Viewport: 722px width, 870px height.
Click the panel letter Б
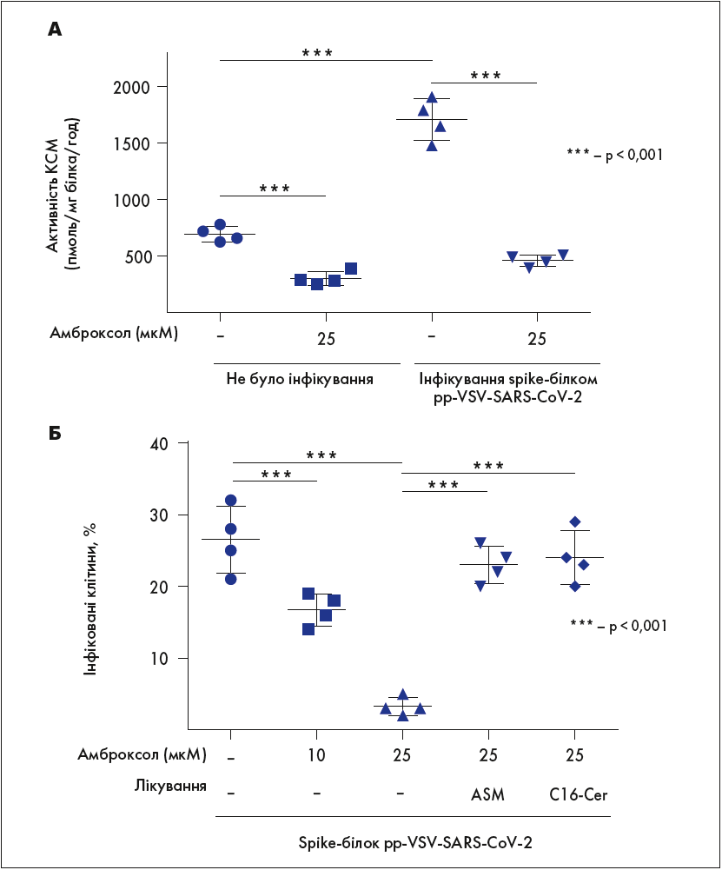(x=55, y=432)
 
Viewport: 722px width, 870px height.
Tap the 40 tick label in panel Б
(x=163, y=443)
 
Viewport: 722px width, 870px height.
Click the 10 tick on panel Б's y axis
(x=163, y=658)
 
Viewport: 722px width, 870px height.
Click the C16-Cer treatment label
(x=573, y=794)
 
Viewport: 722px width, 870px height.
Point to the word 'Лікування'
(x=170, y=787)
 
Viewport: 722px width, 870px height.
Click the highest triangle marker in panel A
(x=432, y=97)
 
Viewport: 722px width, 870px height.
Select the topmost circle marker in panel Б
(x=231, y=501)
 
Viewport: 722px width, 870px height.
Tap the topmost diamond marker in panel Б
(x=575, y=521)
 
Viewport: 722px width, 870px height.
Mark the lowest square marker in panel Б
(x=308, y=629)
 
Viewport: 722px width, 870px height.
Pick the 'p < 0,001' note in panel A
(x=614, y=155)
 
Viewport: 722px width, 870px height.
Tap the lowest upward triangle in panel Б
(x=403, y=716)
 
